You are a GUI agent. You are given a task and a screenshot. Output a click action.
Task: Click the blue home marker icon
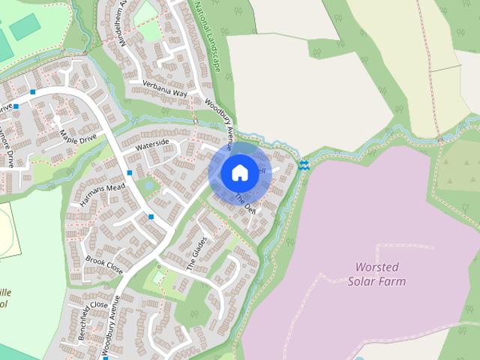click(x=238, y=172)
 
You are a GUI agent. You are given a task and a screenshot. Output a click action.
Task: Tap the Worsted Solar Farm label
click(x=376, y=274)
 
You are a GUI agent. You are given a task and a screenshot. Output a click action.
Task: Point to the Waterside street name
click(x=150, y=143)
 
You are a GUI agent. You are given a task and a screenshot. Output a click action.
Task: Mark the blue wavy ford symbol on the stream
click(x=304, y=164)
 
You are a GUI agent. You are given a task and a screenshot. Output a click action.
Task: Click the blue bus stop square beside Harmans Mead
click(x=130, y=173)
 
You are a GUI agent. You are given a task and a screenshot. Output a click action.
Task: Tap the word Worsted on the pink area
click(x=376, y=267)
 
